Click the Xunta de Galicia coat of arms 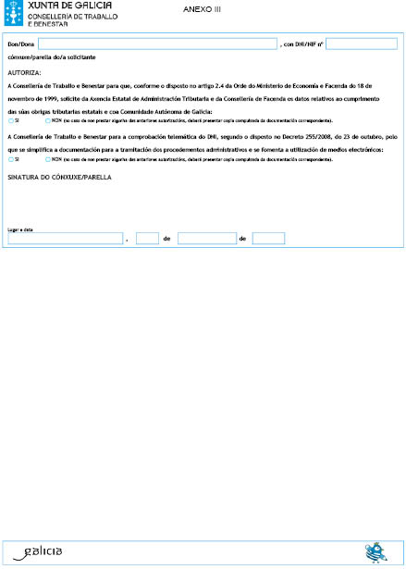click(x=15, y=15)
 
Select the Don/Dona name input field click(x=157, y=43)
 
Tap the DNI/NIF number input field click(x=362, y=43)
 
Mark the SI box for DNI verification click(x=9, y=159)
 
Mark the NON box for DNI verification click(x=47, y=159)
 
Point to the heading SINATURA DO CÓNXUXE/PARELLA click(x=59, y=176)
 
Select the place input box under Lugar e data click(x=65, y=239)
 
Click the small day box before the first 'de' click(x=147, y=239)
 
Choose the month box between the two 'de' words click(x=206, y=239)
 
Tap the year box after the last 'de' click(x=268, y=239)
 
